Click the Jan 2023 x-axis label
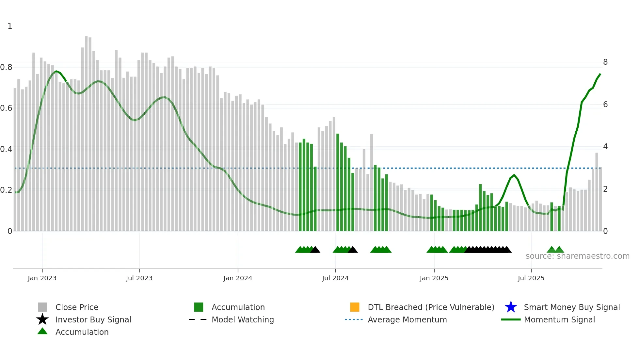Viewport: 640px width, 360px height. pyautogui.click(x=42, y=278)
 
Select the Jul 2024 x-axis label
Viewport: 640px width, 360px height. pyautogui.click(x=335, y=278)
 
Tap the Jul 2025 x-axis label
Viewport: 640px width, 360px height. pyautogui.click(x=531, y=278)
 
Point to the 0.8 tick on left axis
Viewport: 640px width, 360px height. pyautogui.click(x=6, y=67)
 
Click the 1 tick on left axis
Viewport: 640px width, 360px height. pyautogui.click(x=10, y=26)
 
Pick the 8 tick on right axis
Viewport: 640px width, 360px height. pyautogui.click(x=605, y=62)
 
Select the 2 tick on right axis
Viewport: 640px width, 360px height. pyautogui.click(x=605, y=189)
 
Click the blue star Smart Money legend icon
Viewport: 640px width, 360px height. pyautogui.click(x=511, y=307)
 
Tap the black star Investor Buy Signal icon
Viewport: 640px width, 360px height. pyautogui.click(x=42, y=319)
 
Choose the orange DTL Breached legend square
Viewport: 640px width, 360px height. pyautogui.click(x=355, y=307)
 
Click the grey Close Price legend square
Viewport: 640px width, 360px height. pyautogui.click(x=42, y=307)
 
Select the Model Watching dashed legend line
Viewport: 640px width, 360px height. pyautogui.click(x=198, y=319)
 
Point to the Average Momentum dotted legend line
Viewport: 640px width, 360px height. pyautogui.click(x=354, y=319)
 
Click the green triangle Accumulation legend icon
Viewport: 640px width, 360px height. pyautogui.click(x=42, y=332)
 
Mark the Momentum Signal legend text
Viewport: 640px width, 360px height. pyautogui.click(x=559, y=319)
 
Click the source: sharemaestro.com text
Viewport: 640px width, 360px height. pyautogui.click(x=577, y=256)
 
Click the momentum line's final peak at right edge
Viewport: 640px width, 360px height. pyautogui.click(x=600, y=74)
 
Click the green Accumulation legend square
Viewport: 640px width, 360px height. pyautogui.click(x=199, y=307)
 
